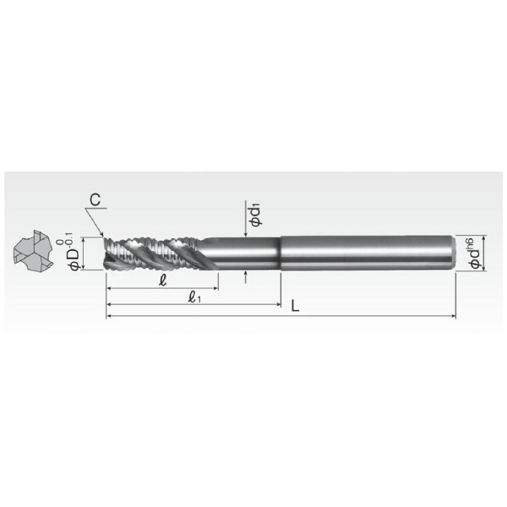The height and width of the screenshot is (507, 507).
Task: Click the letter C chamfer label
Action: click(95, 199)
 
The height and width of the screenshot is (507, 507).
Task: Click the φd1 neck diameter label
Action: click(255, 215)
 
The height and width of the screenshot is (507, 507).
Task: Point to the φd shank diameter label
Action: click(475, 259)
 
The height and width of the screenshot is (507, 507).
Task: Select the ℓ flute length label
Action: click(163, 280)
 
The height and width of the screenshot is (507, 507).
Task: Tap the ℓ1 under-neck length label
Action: click(194, 297)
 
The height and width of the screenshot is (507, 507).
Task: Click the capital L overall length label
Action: click(295, 306)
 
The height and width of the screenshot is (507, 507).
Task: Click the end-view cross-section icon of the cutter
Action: click(33, 250)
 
